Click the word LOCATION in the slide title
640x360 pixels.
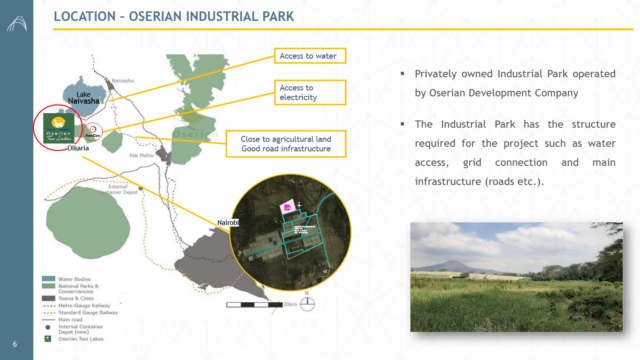(87, 17)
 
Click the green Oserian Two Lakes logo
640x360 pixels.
(59, 128)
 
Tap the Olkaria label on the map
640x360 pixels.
(79, 149)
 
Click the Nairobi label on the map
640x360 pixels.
(229, 220)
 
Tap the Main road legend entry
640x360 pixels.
(70, 320)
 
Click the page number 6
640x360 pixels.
(13, 344)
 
